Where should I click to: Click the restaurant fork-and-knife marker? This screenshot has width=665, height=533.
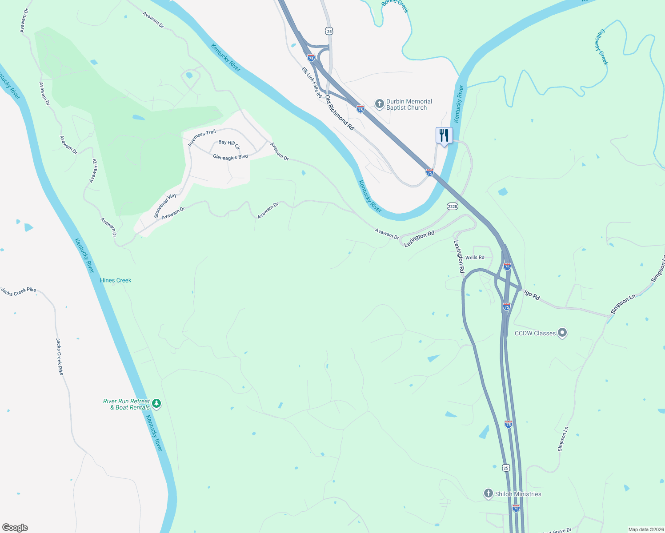[x=444, y=135]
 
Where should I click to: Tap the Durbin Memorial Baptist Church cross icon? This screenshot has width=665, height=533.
[x=379, y=104]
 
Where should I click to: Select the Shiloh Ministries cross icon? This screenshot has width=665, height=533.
[x=488, y=493]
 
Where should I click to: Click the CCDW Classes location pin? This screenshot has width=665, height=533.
[x=562, y=333]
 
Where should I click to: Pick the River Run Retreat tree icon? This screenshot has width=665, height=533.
[x=156, y=404]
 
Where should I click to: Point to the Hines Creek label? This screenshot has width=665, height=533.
[x=116, y=280]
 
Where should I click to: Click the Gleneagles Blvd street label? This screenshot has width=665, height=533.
[x=230, y=157]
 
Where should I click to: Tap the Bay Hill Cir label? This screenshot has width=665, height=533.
[x=229, y=144]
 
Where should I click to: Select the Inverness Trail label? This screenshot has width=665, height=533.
[x=202, y=138]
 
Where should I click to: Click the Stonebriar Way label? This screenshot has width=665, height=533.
[x=165, y=206]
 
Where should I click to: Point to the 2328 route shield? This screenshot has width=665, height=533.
[x=453, y=207]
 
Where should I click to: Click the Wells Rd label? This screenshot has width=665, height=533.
[x=475, y=258]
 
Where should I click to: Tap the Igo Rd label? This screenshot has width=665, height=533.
[x=532, y=295]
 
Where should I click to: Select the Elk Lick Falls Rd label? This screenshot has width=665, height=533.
[x=312, y=83]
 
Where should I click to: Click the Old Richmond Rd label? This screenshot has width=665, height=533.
[x=340, y=112]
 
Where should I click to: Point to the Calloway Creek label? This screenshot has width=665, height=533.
[x=602, y=48]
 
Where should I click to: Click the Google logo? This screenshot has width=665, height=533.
[x=15, y=528]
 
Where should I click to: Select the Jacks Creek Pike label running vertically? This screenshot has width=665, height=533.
[x=60, y=357]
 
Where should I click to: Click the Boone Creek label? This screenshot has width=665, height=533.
[x=395, y=5]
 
